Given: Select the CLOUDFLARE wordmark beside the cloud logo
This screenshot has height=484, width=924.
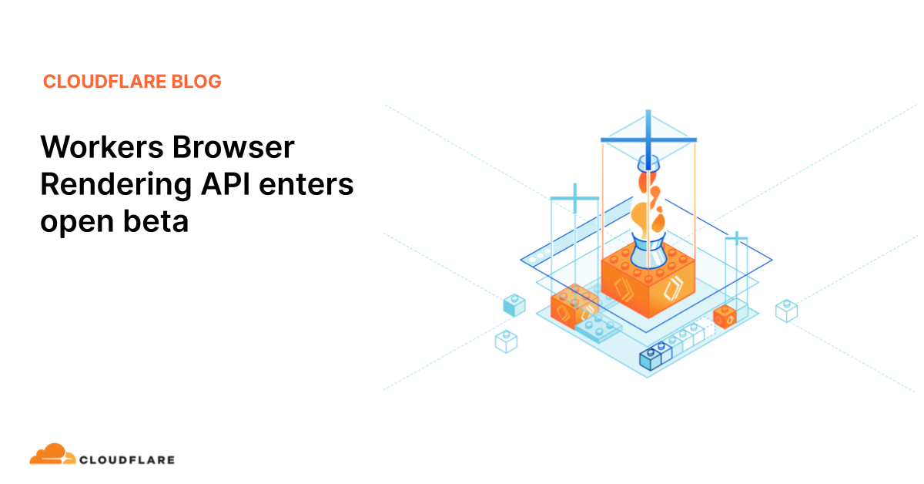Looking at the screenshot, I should (x=127, y=460).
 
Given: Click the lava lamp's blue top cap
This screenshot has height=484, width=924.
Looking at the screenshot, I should (x=648, y=164).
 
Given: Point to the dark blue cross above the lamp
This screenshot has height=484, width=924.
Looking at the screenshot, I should (x=648, y=139).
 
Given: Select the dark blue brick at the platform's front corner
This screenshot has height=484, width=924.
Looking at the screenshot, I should (x=651, y=357).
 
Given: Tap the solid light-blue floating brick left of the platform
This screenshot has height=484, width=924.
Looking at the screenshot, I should (x=514, y=305).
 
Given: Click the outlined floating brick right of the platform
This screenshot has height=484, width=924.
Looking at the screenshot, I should (x=786, y=310).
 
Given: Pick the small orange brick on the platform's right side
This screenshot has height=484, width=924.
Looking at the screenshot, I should (x=725, y=316).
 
